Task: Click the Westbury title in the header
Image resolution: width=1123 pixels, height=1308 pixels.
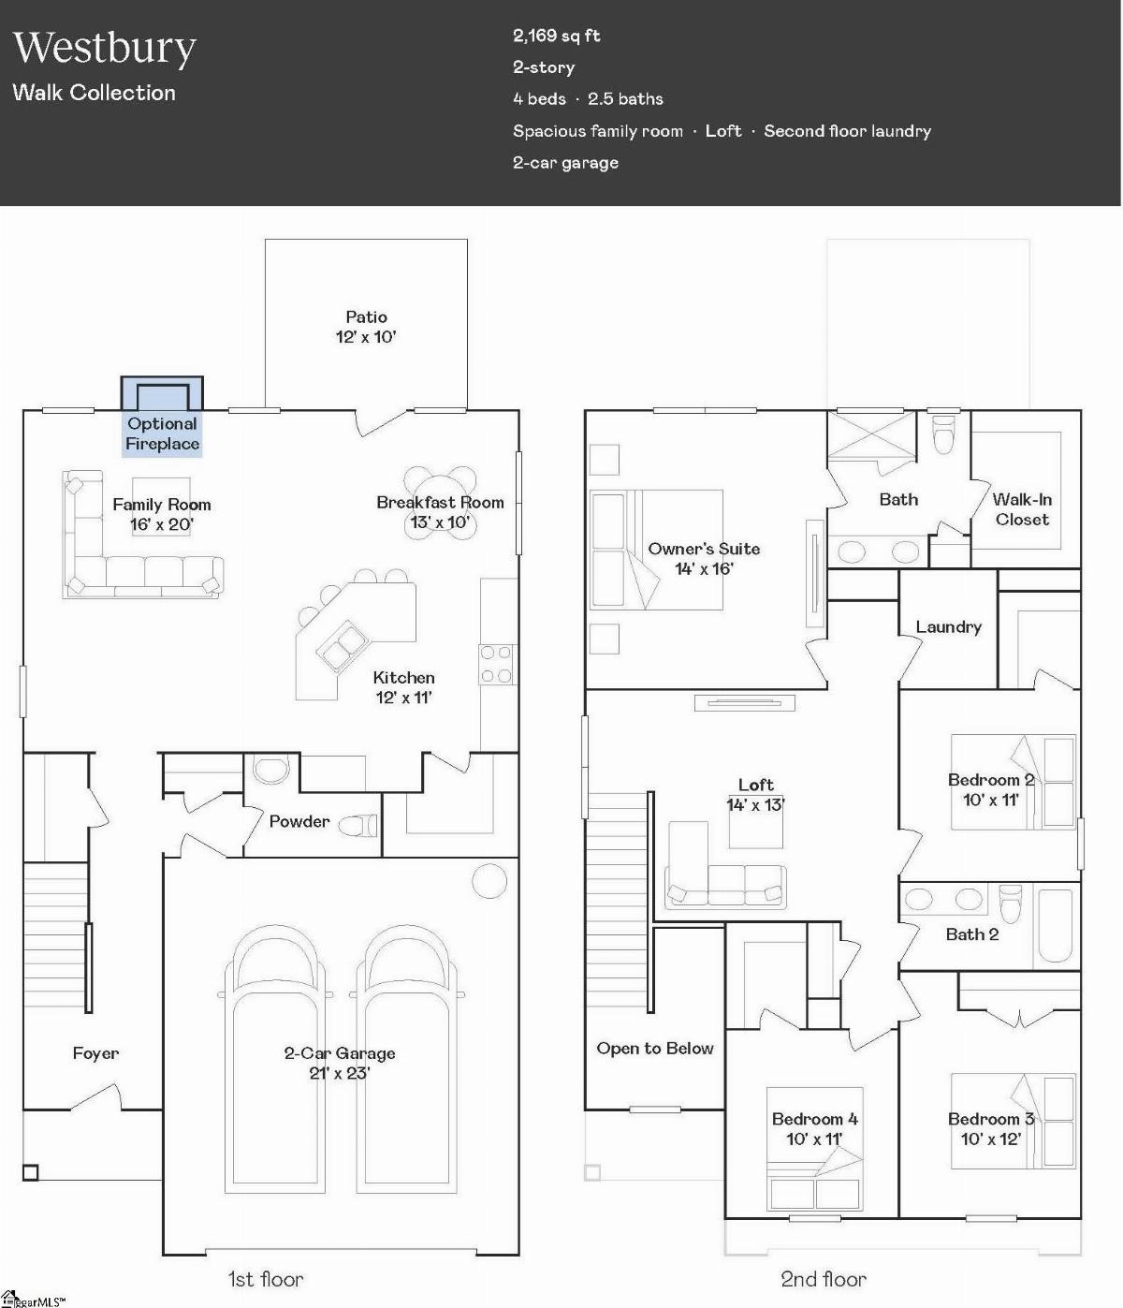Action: (105, 48)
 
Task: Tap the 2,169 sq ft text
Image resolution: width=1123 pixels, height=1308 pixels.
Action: (556, 37)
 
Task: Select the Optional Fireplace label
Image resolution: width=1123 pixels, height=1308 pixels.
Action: (162, 434)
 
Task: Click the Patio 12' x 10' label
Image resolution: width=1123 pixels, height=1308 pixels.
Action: (366, 327)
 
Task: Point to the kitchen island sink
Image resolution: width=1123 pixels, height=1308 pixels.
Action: (343, 645)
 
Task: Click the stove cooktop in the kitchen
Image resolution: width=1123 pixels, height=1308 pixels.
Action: (497, 665)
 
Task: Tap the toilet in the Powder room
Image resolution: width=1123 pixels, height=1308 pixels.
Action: (358, 825)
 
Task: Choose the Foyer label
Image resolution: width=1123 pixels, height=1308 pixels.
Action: (95, 1053)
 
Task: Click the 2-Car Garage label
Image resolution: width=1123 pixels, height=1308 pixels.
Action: (340, 1053)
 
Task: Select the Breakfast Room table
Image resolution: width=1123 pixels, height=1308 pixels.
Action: (440, 503)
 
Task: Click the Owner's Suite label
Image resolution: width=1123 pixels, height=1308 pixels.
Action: (704, 549)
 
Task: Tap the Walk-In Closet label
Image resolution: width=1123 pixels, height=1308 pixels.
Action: (1022, 509)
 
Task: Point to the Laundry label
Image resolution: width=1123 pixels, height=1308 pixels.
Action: (948, 627)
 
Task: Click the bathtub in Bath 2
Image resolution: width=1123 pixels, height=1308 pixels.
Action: (1055, 926)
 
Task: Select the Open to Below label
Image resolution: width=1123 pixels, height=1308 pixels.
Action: (655, 1049)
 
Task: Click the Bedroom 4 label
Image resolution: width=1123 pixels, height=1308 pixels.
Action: (814, 1119)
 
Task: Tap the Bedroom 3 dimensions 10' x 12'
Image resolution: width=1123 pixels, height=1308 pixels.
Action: (991, 1139)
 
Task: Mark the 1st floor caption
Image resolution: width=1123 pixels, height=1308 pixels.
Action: (266, 1279)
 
